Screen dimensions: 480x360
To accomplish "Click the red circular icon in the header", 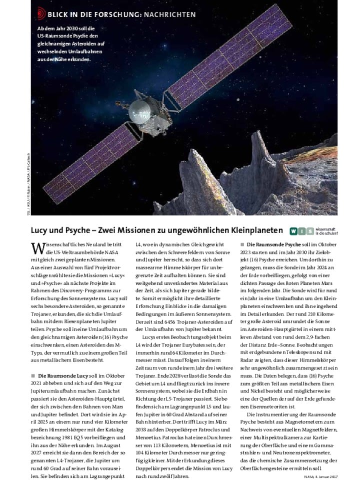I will pos(41,13).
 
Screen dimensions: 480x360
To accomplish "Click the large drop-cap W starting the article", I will pos(37,248).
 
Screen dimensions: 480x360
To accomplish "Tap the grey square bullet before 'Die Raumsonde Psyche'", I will pos(242,244).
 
